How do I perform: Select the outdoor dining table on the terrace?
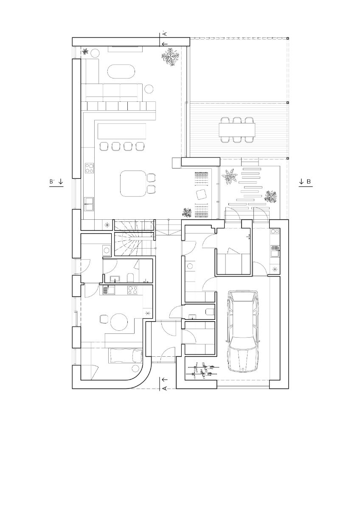pyautogui.click(x=237, y=129)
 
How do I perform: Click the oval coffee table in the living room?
pyautogui.click(x=121, y=72)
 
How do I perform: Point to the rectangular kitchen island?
pyautogui.click(x=122, y=131)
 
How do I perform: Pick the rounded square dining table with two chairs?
pyautogui.click(x=132, y=184)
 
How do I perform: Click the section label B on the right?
pyautogui.click(x=309, y=182)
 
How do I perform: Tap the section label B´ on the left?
pyautogui.click(x=53, y=182)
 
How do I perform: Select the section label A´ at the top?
pyautogui.click(x=165, y=34)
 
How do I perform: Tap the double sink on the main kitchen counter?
pyautogui.click(x=89, y=204)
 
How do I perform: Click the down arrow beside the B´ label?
pyautogui.click(x=61, y=182)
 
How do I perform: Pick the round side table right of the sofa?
pyautogui.click(x=149, y=89)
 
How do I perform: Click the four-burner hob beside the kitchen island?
pyautogui.click(x=90, y=168)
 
